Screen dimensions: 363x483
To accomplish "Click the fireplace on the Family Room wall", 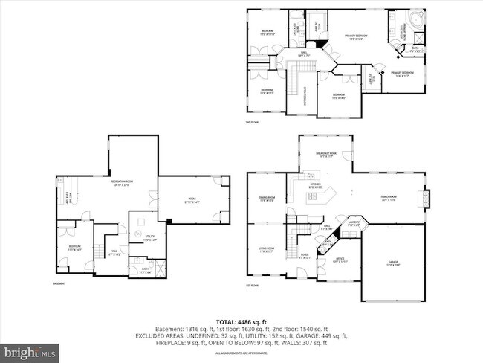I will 425,198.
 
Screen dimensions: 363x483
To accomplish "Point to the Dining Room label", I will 267,199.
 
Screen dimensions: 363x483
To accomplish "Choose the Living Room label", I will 267,251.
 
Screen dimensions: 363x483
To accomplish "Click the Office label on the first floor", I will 338,260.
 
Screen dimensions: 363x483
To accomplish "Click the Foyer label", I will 305,257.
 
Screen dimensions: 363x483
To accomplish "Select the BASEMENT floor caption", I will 59,284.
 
